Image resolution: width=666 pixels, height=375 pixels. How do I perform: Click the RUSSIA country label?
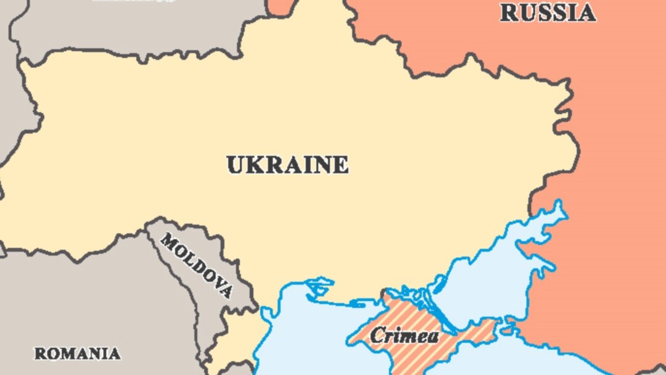[x=548, y=13]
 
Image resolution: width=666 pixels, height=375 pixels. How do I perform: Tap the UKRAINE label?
[x=287, y=165]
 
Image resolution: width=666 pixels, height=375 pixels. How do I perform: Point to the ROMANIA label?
[x=77, y=354]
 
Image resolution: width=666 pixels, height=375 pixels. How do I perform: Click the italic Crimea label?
[x=405, y=336]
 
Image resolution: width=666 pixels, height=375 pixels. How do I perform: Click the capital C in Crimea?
[x=377, y=336]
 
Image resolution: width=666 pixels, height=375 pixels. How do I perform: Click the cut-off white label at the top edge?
[x=133, y=1]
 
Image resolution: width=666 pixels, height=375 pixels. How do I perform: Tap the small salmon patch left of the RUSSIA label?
[x=281, y=6]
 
